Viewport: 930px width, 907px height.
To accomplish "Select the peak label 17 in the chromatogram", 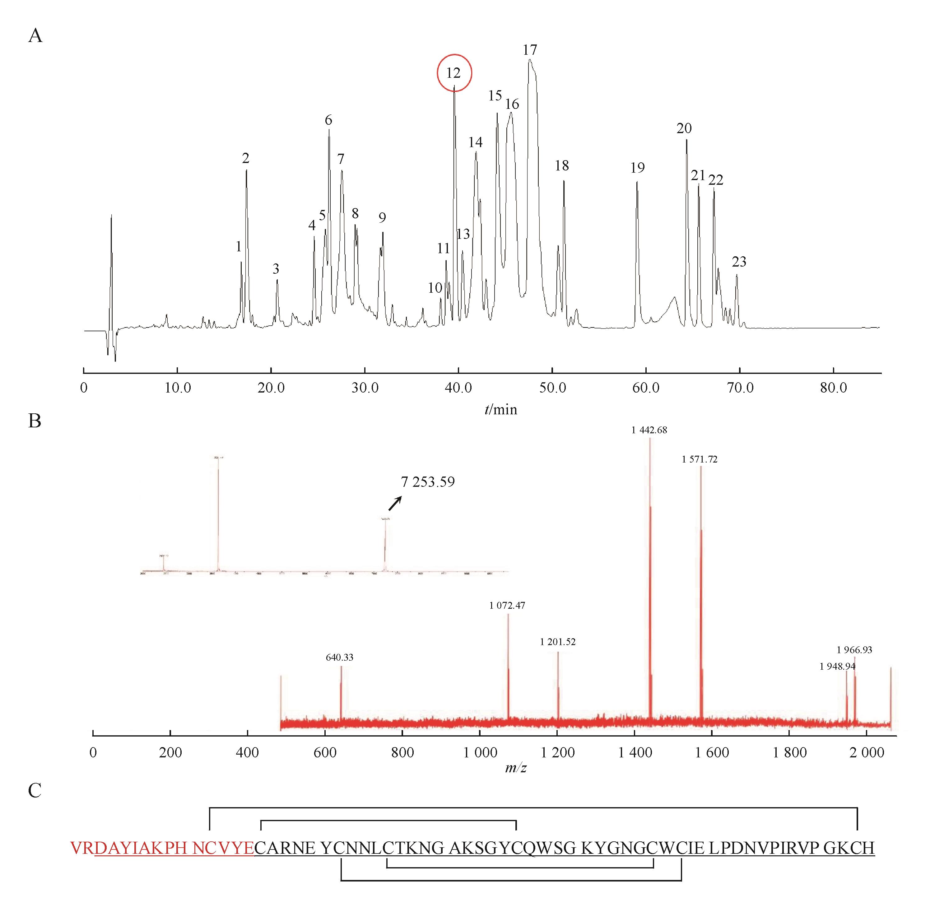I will (x=529, y=50).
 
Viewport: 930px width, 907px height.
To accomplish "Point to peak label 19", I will (x=637, y=168).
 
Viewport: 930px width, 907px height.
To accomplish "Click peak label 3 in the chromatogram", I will (x=276, y=269).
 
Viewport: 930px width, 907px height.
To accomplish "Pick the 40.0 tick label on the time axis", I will (x=458, y=388).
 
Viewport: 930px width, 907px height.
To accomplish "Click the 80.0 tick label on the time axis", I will (x=833, y=388).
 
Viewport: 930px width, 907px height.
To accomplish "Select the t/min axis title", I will (x=500, y=410).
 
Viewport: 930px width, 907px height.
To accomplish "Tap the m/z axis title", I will (x=515, y=768).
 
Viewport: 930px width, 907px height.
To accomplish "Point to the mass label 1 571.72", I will (x=700, y=459).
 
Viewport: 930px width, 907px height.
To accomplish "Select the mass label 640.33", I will (x=339, y=657).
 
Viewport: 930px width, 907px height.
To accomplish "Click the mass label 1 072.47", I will (x=507, y=606).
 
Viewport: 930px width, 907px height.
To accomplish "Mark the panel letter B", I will (x=35, y=421).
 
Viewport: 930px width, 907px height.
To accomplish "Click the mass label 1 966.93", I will (x=854, y=650).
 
